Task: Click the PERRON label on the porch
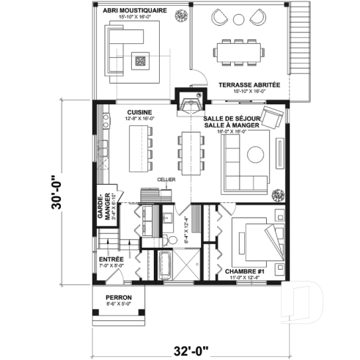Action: [x=117, y=297]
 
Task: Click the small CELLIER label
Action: [x=164, y=178]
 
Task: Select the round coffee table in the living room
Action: [x=257, y=154]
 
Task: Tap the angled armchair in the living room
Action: [x=273, y=117]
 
